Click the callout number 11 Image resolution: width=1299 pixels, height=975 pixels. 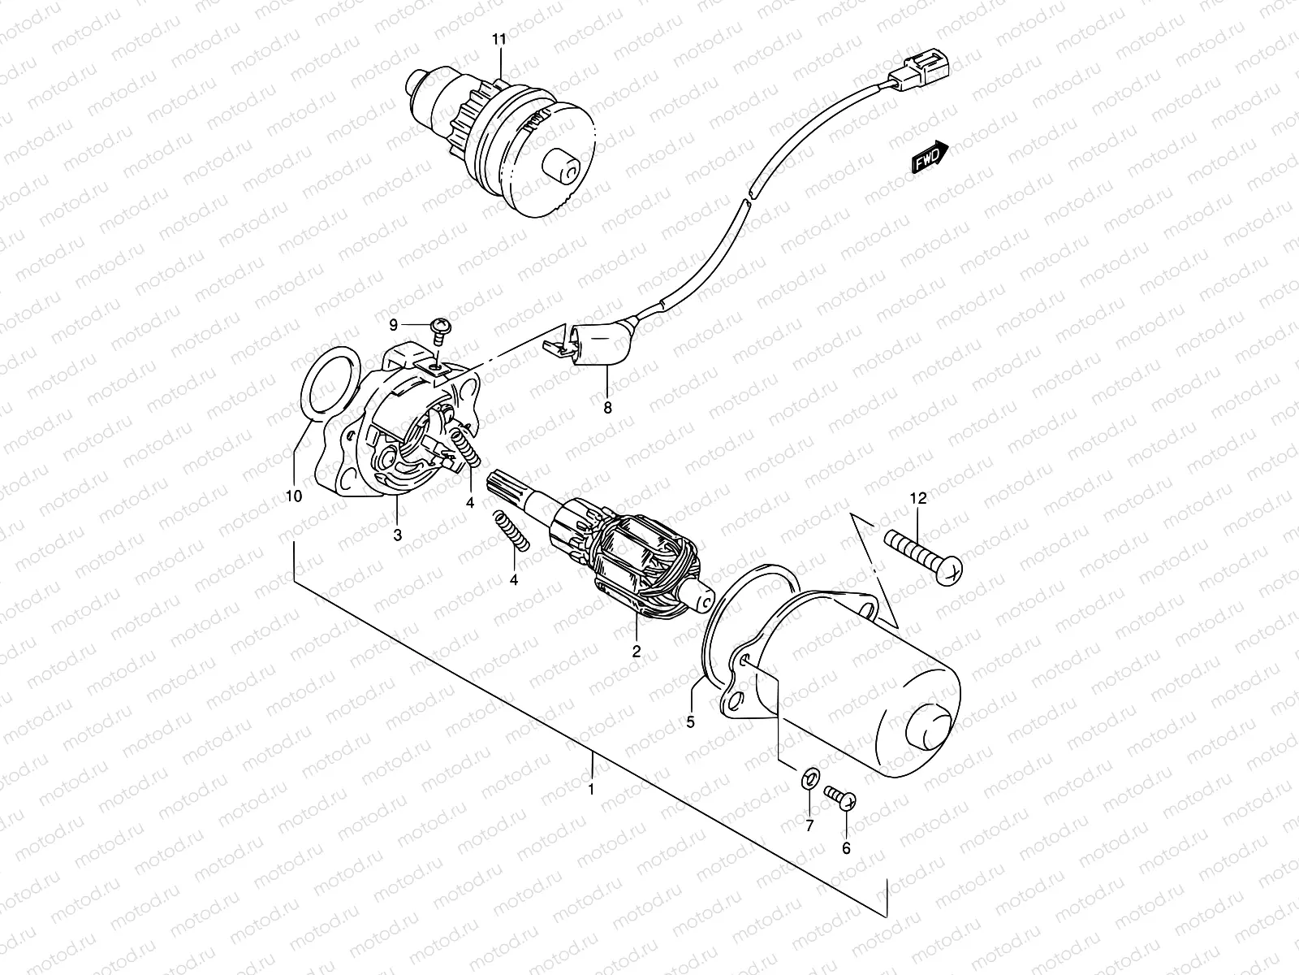click(x=499, y=40)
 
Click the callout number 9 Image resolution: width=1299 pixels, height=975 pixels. click(x=394, y=324)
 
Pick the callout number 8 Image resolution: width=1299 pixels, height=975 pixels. click(x=607, y=408)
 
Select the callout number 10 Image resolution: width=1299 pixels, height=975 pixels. click(x=294, y=496)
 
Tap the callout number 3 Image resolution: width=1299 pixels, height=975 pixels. click(x=398, y=535)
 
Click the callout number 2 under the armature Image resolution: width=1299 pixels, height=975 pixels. click(x=637, y=652)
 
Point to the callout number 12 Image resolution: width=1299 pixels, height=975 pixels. click(x=918, y=498)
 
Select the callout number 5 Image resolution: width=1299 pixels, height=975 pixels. click(x=690, y=722)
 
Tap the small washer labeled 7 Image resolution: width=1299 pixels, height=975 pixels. click(x=811, y=779)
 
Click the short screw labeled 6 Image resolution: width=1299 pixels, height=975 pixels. click(x=840, y=796)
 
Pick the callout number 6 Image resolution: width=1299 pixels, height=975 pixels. click(x=846, y=848)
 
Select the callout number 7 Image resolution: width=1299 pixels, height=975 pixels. click(x=809, y=825)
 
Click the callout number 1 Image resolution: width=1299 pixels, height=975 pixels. click(x=590, y=789)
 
